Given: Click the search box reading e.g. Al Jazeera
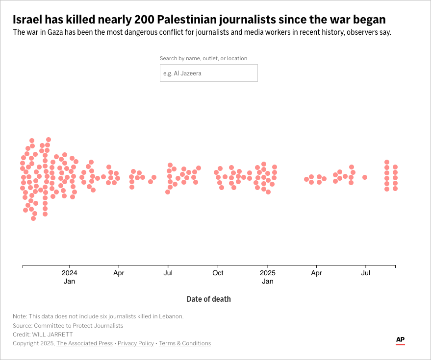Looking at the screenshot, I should (208, 73).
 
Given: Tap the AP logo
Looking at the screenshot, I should (400, 340).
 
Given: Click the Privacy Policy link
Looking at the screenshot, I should (136, 343).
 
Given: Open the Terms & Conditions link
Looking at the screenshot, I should (185, 343).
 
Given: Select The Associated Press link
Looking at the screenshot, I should (84, 343).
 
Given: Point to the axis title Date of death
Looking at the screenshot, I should (208, 299).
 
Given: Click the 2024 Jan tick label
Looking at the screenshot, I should (69, 277).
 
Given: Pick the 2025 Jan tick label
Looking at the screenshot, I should (268, 277).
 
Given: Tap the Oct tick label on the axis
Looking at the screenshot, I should (218, 273).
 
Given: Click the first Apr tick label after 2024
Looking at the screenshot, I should (119, 273).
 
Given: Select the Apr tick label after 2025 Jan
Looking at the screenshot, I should (317, 273).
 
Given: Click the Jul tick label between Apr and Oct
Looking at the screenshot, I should (168, 273).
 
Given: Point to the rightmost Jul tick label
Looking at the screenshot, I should (365, 273).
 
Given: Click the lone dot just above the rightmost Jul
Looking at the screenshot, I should (365, 177).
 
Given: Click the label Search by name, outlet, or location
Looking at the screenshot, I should (203, 58).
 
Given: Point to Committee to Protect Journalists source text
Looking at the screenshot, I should (78, 325).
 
